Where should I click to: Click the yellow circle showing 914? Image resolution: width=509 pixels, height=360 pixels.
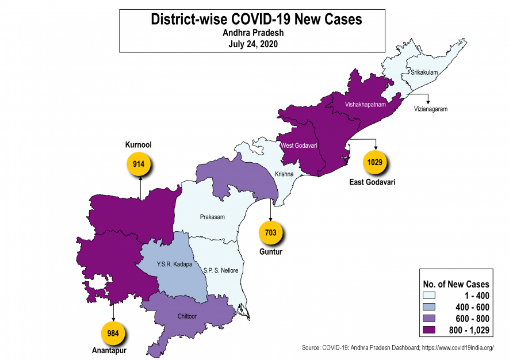tap(138, 164)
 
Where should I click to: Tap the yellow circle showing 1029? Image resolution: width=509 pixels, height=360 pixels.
tap(375, 162)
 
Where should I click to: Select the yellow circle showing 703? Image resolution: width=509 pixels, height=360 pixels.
tap(271, 233)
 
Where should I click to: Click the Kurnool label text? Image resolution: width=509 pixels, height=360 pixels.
tap(138, 145)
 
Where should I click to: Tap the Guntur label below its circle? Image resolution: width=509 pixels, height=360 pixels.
tap(271, 252)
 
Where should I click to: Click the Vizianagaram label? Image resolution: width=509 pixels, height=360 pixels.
tap(430, 109)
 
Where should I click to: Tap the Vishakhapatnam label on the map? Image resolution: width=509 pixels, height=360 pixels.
tap(365, 105)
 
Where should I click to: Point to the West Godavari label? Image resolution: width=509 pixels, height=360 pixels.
tap(299, 145)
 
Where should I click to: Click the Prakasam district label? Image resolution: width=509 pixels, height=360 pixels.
tap(212, 217)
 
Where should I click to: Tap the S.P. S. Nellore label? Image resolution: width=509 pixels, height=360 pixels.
tap(220, 270)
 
